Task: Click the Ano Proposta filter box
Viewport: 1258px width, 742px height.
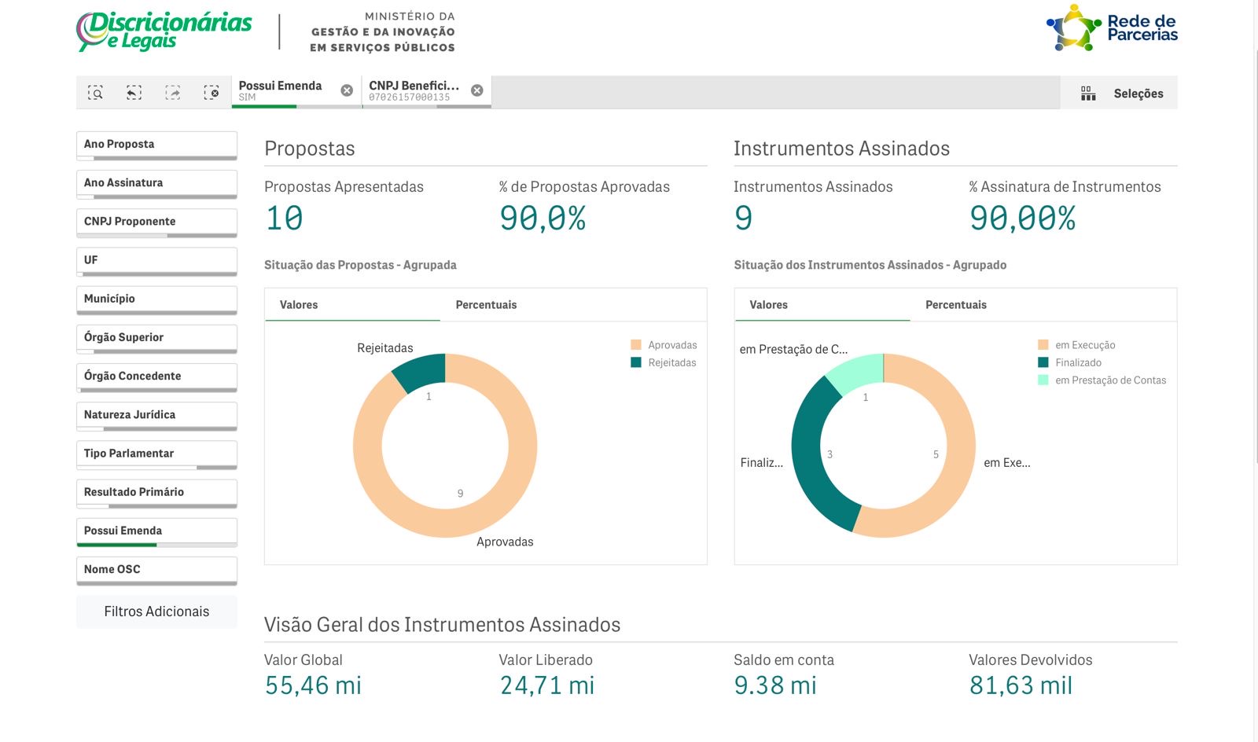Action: pyautogui.click(x=156, y=145)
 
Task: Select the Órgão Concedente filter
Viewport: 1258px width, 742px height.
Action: pyautogui.click(x=156, y=377)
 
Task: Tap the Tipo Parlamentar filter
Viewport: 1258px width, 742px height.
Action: pyautogui.click(x=156, y=454)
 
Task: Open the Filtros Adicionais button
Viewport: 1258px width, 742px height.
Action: pyautogui.click(x=156, y=612)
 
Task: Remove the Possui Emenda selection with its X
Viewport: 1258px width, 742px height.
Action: pyautogui.click(x=347, y=90)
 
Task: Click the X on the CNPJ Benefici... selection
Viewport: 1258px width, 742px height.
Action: pyautogui.click(x=477, y=90)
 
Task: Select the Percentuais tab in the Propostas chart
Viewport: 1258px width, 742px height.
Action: pyautogui.click(x=486, y=305)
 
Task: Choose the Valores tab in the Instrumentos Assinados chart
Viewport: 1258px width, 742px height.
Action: pyautogui.click(x=768, y=305)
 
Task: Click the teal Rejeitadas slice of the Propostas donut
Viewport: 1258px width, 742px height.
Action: pyautogui.click(x=421, y=371)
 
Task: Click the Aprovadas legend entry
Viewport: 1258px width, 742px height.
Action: pyautogui.click(x=664, y=345)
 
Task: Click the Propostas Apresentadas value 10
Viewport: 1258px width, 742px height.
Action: pyautogui.click(x=285, y=219)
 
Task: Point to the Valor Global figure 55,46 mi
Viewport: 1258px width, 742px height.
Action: pyautogui.click(x=313, y=685)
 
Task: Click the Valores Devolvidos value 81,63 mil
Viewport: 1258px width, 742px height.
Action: pyautogui.click(x=1021, y=685)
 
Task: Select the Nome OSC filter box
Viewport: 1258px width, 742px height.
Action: pyautogui.click(x=156, y=570)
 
